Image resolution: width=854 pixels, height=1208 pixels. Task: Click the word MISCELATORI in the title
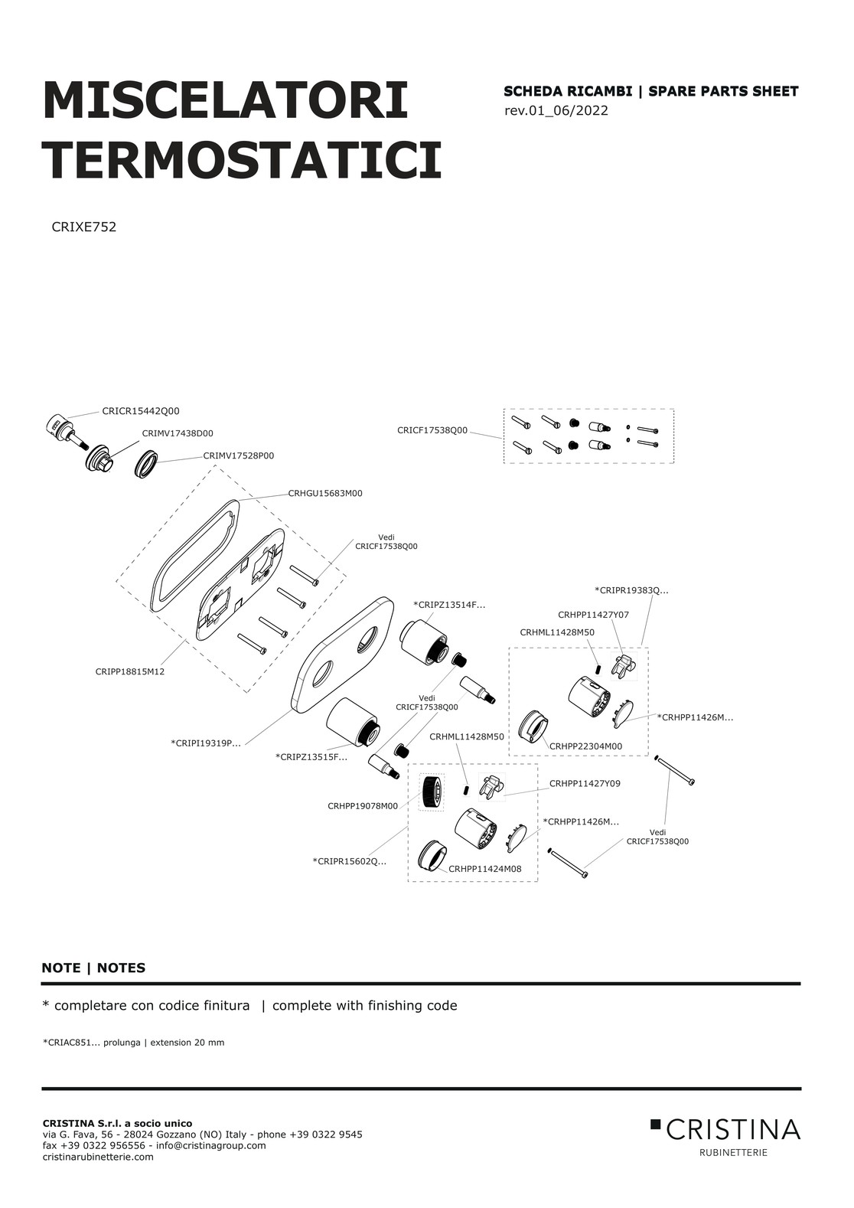click(x=225, y=100)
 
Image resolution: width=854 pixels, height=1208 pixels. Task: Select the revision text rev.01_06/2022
click(x=556, y=111)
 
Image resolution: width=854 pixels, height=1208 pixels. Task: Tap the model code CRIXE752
click(x=83, y=227)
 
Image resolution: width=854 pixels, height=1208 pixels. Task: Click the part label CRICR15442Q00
click(x=141, y=411)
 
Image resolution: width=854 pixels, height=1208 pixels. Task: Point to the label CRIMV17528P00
click(x=238, y=455)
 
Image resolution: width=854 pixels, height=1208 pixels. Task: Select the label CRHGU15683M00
click(x=324, y=493)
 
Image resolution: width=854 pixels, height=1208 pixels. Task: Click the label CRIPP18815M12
click(x=130, y=671)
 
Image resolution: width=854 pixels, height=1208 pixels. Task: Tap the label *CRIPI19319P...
click(x=205, y=743)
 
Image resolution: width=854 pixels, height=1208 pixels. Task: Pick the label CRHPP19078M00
click(x=363, y=806)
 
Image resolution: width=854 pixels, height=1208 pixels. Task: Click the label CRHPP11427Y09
click(x=585, y=784)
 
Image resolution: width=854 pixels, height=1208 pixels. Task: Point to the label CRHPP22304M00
click(x=585, y=746)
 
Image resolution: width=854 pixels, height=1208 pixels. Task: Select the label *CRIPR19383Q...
click(x=631, y=590)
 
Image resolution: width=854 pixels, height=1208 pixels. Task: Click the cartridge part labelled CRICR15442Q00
click(x=63, y=429)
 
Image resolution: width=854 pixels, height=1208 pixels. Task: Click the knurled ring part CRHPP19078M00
click(x=432, y=792)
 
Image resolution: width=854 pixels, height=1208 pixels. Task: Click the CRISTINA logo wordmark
click(x=732, y=1128)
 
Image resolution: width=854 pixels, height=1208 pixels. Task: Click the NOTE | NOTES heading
click(x=93, y=968)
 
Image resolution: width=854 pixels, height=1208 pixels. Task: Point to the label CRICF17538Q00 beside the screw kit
click(x=432, y=430)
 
